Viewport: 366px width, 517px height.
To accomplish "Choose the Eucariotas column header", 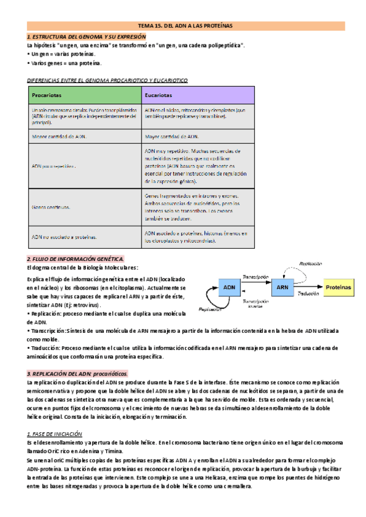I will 158,96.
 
